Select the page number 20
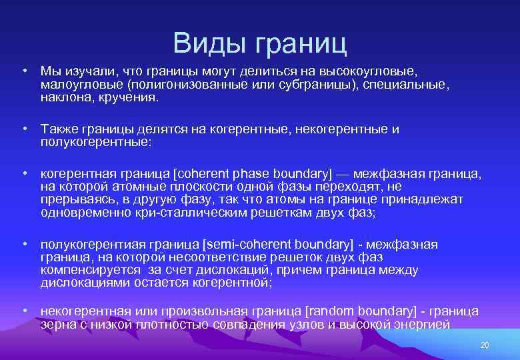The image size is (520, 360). (485, 345)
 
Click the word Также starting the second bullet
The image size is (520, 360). (61, 129)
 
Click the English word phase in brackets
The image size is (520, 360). (249, 174)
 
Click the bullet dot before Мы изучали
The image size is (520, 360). (24, 71)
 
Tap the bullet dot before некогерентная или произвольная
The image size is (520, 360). (24, 311)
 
